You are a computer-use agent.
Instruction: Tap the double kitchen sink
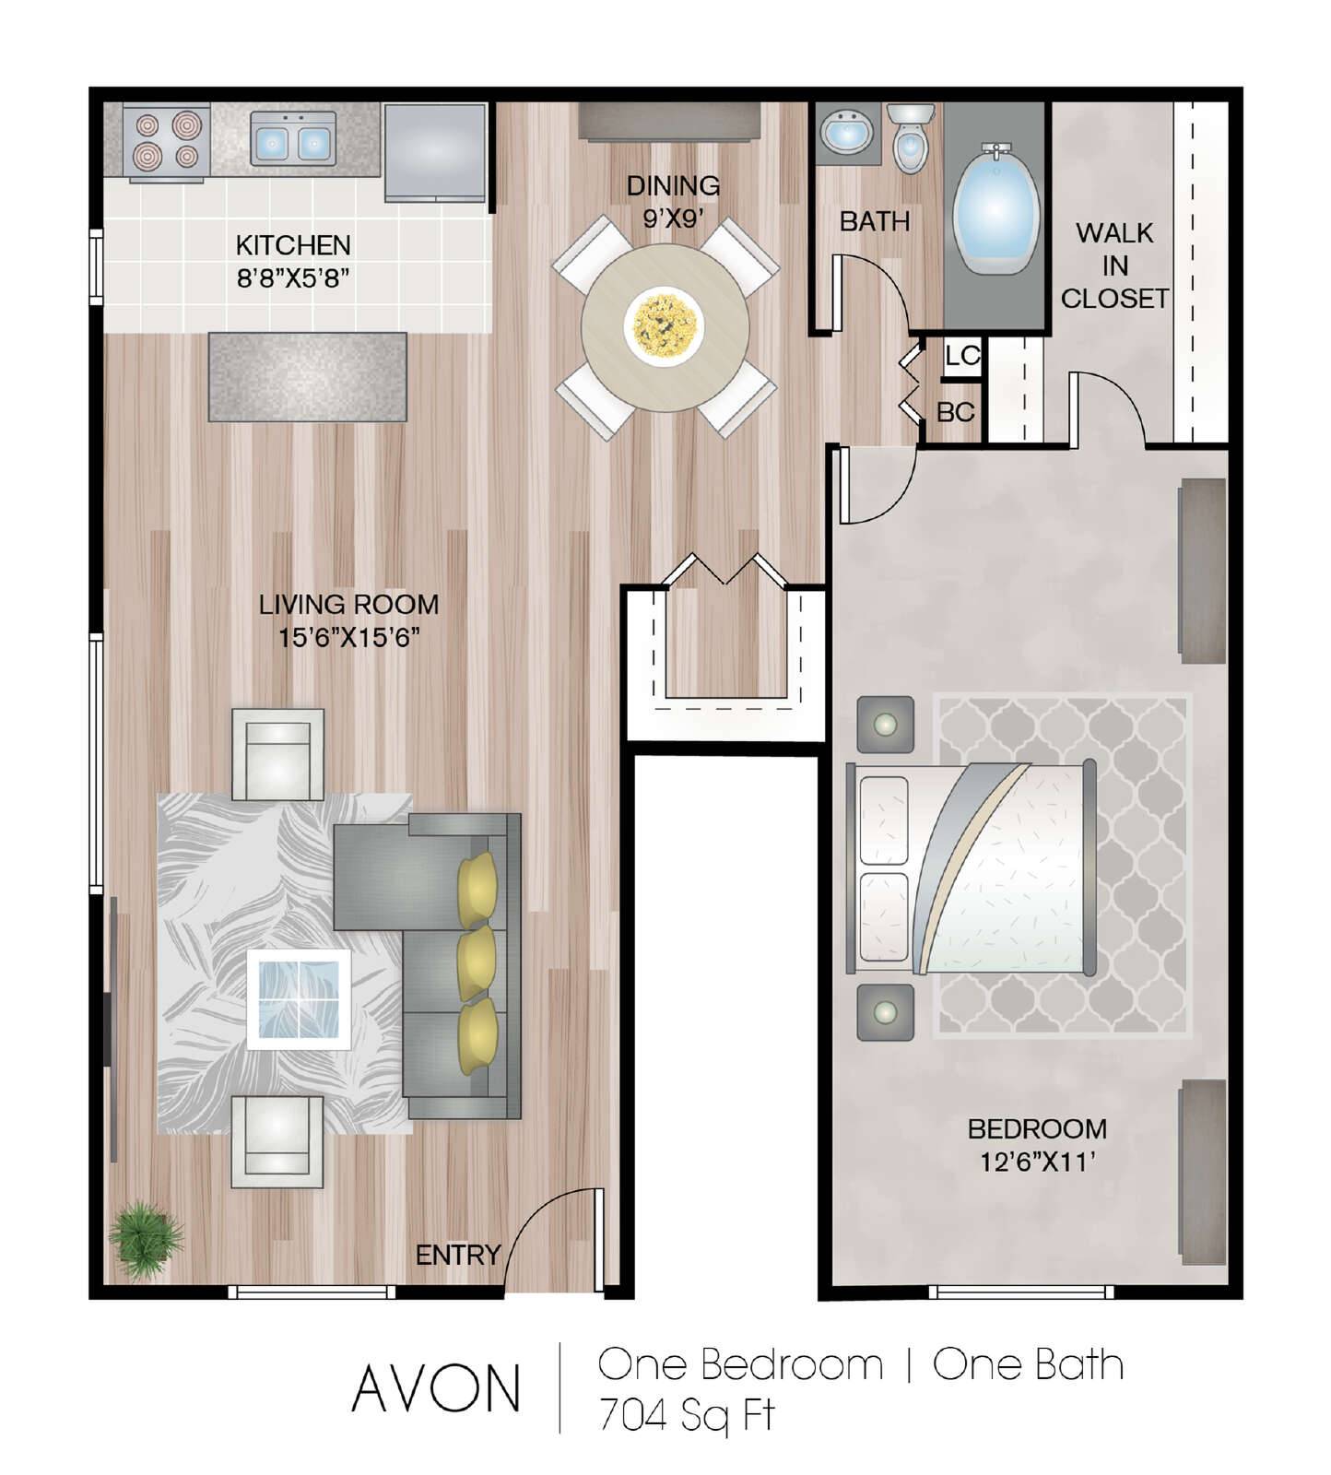pos(292,139)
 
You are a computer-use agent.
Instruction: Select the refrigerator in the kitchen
pos(435,152)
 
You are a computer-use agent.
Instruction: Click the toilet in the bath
pos(912,138)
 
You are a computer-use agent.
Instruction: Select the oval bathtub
pos(995,209)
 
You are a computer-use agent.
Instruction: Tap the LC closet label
pos(962,356)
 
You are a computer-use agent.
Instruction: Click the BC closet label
pos(956,412)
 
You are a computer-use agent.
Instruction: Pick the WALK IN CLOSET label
pos(1114,265)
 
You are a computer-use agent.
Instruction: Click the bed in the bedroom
pos(972,867)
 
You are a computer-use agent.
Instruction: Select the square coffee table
pos(299,999)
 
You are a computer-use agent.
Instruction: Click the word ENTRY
pos(457,1255)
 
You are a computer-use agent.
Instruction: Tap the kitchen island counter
pos(308,376)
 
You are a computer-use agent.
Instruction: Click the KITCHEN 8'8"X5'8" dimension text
pos(293,261)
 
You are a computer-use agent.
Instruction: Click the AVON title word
pos(436,1389)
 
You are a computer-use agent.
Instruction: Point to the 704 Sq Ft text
pos(687,1414)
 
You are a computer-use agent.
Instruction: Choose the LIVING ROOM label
pos(348,605)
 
